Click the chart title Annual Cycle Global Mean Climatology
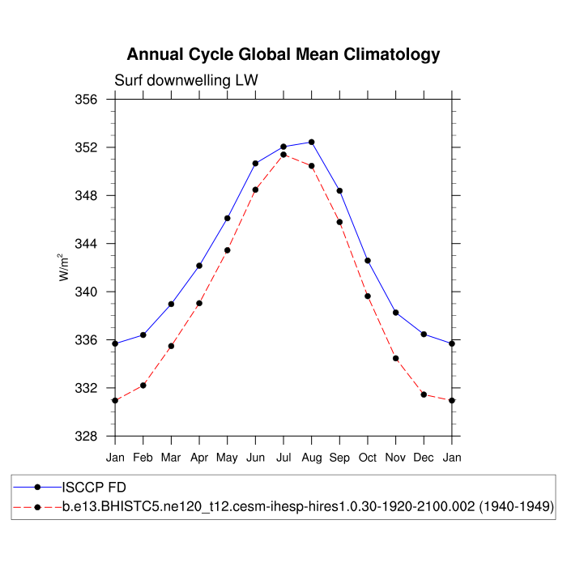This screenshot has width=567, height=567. click(283, 55)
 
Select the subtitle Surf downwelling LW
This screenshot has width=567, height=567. click(185, 80)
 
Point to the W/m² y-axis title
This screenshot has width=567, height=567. click(63, 267)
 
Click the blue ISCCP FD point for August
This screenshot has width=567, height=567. click(311, 143)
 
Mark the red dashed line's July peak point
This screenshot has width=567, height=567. click(283, 155)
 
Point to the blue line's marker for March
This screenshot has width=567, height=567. click(171, 304)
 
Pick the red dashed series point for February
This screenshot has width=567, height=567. click(143, 386)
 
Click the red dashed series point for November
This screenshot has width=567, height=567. click(395, 358)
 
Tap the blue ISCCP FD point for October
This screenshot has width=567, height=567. click(368, 261)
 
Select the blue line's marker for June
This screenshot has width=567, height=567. click(255, 164)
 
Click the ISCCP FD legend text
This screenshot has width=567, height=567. click(96, 488)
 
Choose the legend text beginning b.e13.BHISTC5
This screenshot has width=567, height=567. click(308, 507)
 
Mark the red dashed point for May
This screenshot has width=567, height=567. click(228, 250)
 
